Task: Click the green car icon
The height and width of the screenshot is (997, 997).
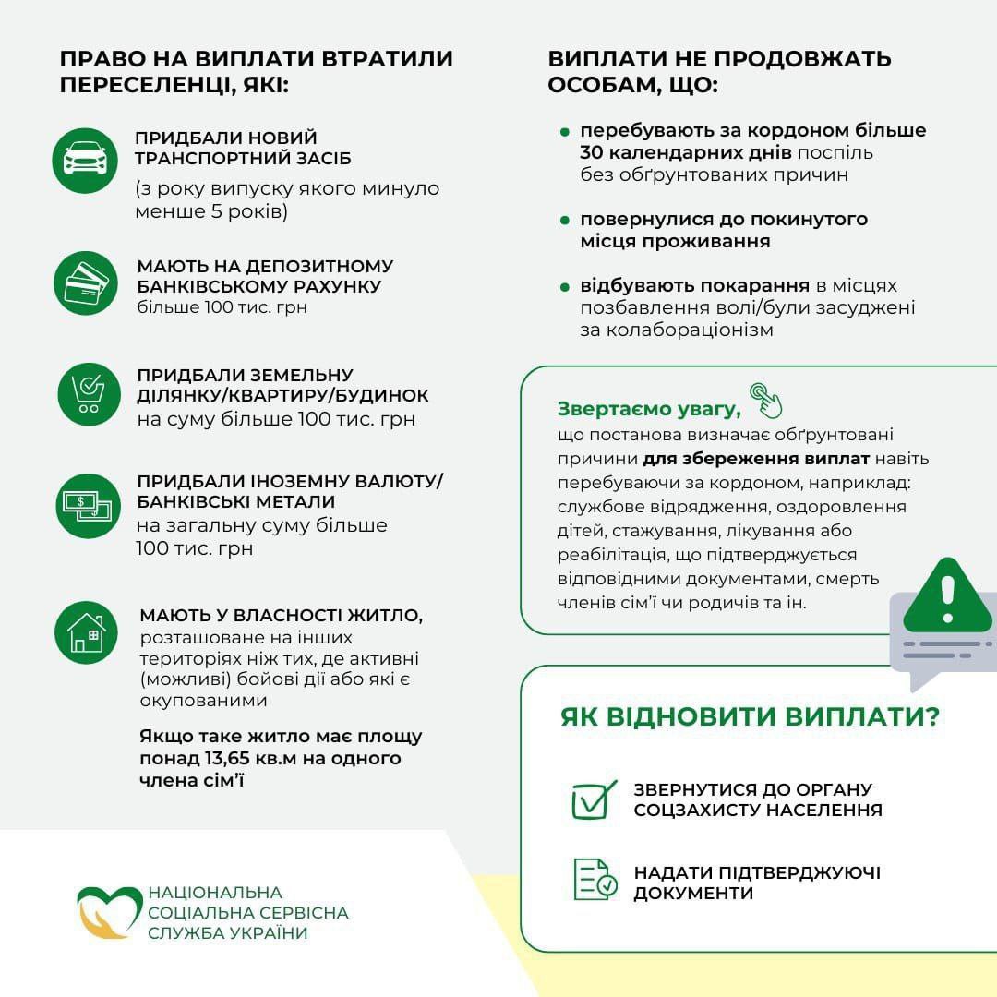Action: (x=85, y=160)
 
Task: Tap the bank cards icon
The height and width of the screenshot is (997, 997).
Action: (x=86, y=283)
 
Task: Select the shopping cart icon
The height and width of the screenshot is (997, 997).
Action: (x=89, y=394)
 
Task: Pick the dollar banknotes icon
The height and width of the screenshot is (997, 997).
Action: (x=87, y=506)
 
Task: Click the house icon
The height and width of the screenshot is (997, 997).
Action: (x=86, y=632)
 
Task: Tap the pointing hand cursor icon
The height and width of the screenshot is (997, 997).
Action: (x=765, y=400)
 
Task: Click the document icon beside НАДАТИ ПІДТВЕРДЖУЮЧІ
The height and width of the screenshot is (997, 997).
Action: (x=594, y=879)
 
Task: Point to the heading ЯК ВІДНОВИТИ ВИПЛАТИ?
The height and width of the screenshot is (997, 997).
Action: (x=749, y=717)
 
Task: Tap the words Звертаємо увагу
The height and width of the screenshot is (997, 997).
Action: (x=648, y=409)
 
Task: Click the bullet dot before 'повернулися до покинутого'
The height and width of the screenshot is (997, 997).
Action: (x=565, y=222)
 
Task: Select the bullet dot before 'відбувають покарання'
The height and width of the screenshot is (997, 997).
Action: (x=565, y=287)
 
